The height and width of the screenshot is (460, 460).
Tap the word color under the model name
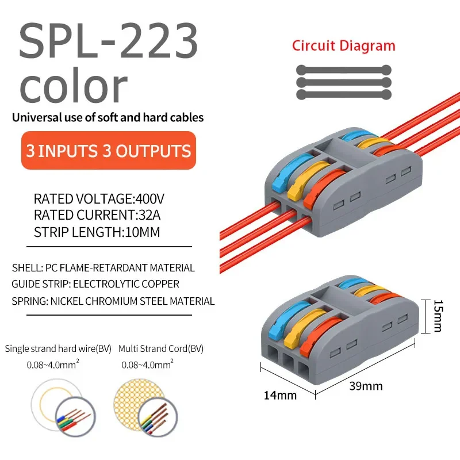[74, 86]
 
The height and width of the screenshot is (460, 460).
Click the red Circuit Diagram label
[343, 46]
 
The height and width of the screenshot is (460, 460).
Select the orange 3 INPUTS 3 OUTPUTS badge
[109, 151]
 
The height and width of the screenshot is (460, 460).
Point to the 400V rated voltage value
[149, 200]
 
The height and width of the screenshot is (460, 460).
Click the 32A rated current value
[148, 216]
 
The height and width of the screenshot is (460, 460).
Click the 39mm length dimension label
[366, 386]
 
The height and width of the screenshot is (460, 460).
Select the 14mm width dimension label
[280, 395]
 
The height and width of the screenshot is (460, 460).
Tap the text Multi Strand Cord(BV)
[161, 348]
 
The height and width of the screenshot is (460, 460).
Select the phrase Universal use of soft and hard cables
[108, 118]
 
